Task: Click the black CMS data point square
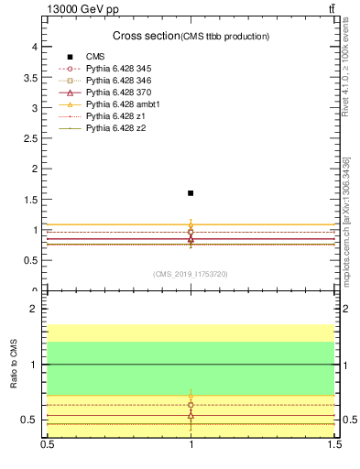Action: pos(191,193)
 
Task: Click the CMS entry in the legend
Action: pos(95,57)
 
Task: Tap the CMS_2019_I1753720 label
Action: pos(191,274)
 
